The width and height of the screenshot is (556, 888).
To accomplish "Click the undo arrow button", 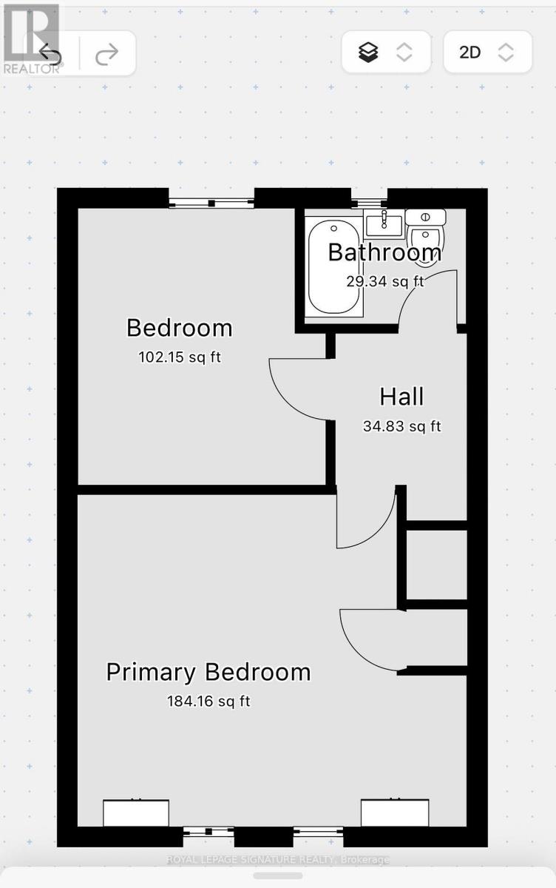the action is pos(50,53).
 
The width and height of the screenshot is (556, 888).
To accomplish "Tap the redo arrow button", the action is pos(107,54).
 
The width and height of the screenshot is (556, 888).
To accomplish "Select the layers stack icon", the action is pos(368,53).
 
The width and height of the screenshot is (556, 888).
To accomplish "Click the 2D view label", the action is pos(470,53).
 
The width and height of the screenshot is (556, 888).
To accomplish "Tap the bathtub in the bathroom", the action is pos(334,266).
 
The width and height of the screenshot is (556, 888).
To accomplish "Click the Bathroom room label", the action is pos(384,252).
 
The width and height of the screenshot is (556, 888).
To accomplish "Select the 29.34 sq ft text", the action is pos(385,281).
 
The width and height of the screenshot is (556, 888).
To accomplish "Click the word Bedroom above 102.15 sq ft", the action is pos(180,329).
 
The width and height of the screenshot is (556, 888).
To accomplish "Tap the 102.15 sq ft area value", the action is pos(180,357).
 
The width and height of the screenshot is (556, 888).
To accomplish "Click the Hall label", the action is pos(401,397).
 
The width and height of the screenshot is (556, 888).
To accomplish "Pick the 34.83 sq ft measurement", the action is pos(402,426).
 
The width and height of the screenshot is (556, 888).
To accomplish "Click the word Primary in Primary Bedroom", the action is pos(151,673).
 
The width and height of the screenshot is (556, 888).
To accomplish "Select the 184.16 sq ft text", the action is pos(208,702).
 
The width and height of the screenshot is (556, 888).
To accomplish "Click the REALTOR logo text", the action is pos(32,68).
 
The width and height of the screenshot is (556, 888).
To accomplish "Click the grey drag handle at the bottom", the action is pos(277,875).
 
